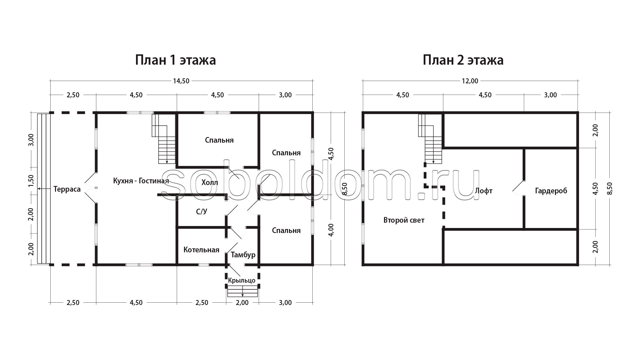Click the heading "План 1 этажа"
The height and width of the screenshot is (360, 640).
pyautogui.click(x=175, y=61)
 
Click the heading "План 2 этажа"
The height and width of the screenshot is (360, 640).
pyautogui.click(x=463, y=61)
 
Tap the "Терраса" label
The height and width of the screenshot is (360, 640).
pyautogui.click(x=67, y=190)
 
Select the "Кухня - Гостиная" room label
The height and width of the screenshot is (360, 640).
pyautogui.click(x=141, y=181)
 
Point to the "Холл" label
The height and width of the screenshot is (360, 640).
pyautogui.click(x=210, y=183)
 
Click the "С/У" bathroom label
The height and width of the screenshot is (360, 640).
pyautogui.click(x=202, y=211)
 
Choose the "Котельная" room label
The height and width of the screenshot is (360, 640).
pyautogui.click(x=201, y=250)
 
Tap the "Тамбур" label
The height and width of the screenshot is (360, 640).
pyautogui.click(x=243, y=255)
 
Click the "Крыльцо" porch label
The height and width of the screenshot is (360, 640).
pyautogui.click(x=242, y=280)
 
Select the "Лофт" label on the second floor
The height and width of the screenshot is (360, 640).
pyautogui.click(x=484, y=191)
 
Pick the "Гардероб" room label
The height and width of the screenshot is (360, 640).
pyautogui.click(x=551, y=191)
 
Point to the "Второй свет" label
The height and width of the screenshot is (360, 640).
pyautogui.click(x=404, y=220)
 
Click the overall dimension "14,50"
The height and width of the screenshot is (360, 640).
pyautogui.click(x=181, y=81)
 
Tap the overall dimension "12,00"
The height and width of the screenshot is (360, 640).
pyautogui.click(x=470, y=81)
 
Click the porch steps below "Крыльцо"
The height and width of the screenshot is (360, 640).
pyautogui.click(x=243, y=292)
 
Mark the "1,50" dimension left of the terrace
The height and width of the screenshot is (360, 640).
pyautogui.click(x=31, y=181)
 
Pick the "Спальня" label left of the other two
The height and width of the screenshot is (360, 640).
pyautogui.click(x=219, y=140)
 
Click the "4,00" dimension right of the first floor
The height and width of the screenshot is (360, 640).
pyautogui.click(x=331, y=230)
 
